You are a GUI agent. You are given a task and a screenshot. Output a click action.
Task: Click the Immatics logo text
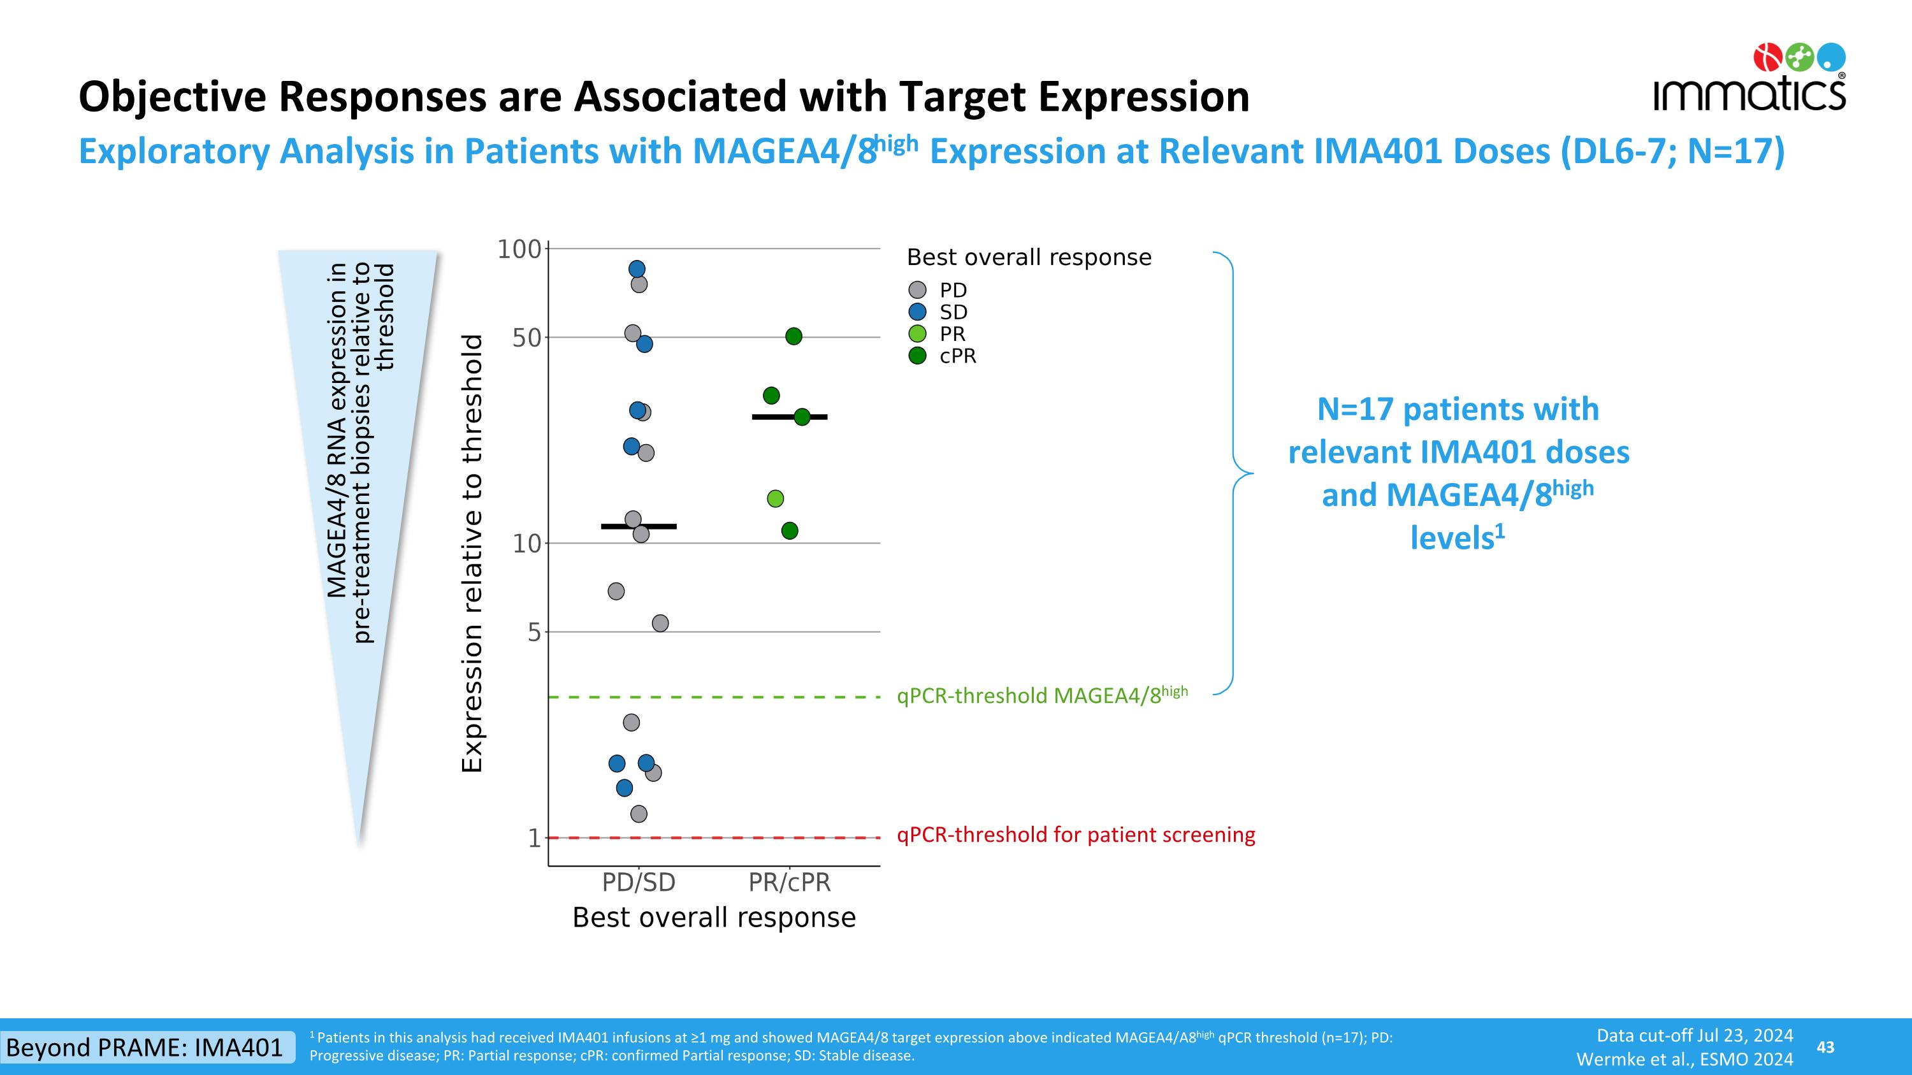click(1749, 95)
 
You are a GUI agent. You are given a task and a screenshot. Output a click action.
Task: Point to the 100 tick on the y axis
click(519, 249)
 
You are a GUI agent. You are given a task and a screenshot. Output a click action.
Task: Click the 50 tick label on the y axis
click(527, 338)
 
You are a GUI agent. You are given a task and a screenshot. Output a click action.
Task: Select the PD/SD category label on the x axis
click(639, 882)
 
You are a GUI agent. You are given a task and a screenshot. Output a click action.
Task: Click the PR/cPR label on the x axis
click(789, 882)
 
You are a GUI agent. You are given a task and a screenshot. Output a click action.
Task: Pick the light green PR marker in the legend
click(917, 334)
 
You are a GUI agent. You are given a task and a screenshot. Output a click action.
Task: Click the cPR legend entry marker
click(917, 356)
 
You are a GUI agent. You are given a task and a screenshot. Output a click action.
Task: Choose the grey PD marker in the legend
click(917, 290)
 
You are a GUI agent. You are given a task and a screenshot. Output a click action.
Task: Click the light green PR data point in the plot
click(775, 498)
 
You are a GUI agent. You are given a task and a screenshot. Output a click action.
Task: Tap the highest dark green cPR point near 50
click(793, 336)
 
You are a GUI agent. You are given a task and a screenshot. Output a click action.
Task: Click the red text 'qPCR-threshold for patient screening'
click(1076, 835)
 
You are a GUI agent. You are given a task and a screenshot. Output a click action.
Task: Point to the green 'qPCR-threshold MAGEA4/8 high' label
click(1042, 695)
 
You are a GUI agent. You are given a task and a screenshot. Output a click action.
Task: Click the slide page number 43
click(1825, 1047)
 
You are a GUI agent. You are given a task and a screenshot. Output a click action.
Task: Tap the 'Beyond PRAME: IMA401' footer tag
click(145, 1047)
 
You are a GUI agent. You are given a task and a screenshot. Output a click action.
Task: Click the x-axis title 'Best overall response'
click(714, 918)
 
